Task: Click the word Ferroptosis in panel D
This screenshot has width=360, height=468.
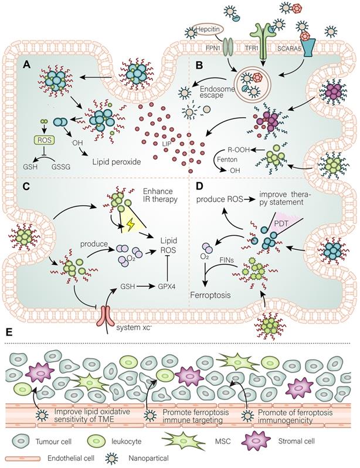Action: [x=220, y=289]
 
